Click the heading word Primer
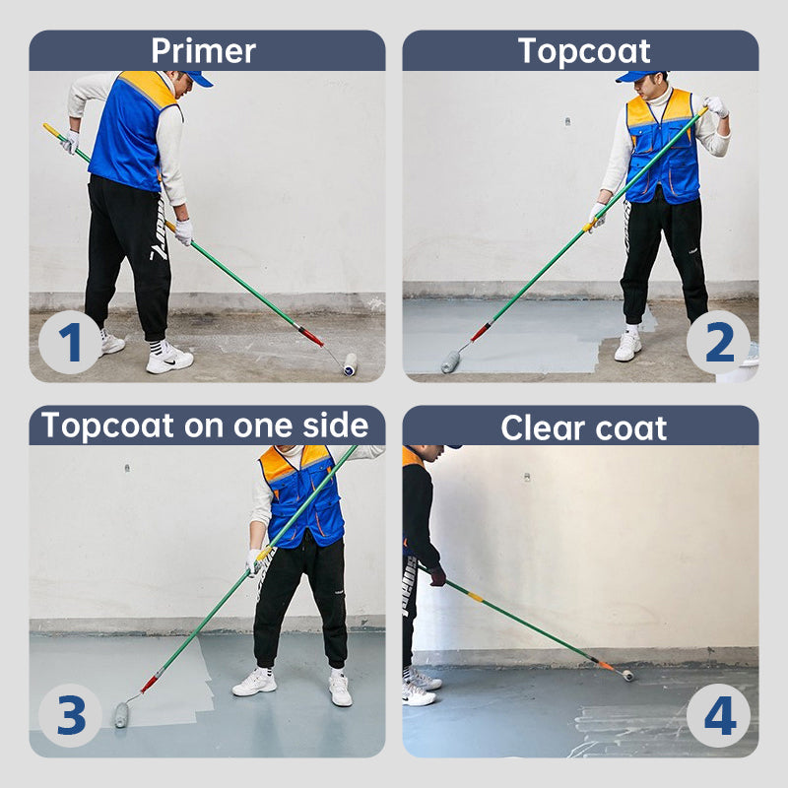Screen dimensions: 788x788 point(204,51)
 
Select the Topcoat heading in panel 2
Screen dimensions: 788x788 point(584,51)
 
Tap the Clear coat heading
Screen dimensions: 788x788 point(583,428)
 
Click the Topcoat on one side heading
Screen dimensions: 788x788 point(205,426)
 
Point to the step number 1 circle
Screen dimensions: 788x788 point(70,342)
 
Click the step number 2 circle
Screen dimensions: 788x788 point(719,342)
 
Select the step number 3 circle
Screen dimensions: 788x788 point(70,715)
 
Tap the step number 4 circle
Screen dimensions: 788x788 point(719,715)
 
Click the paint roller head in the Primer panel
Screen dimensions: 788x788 point(350,364)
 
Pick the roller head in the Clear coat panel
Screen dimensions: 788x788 point(627,675)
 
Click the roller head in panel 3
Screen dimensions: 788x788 point(121,715)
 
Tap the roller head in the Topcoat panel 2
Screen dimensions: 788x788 point(450,361)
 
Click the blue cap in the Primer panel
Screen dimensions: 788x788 point(198,78)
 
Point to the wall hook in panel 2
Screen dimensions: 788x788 point(568,121)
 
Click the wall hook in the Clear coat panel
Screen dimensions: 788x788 point(526,477)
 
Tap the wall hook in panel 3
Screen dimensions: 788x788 point(127,469)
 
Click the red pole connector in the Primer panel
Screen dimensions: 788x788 point(311,337)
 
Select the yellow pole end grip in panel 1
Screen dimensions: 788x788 point(52,131)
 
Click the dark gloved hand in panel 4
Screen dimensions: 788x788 point(437,576)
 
